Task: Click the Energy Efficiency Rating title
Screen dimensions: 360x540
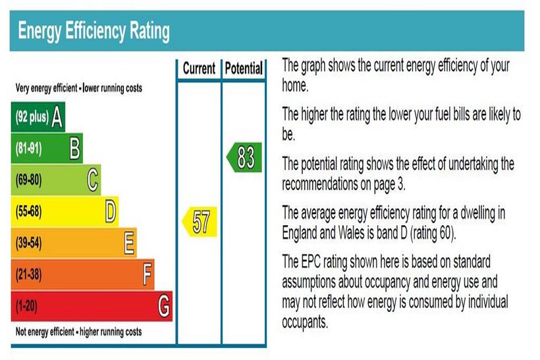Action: (94, 31)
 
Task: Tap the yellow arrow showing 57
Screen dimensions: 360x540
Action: (200, 221)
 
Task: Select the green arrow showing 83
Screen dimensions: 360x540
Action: (244, 159)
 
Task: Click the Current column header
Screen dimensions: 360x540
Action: (199, 68)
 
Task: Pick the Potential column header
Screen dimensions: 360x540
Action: (244, 68)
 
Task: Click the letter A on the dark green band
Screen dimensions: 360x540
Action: (57, 117)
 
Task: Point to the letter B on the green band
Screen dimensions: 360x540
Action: (76, 149)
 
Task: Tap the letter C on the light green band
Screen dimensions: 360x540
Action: (94, 180)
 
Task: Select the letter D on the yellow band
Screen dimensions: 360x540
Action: (111, 211)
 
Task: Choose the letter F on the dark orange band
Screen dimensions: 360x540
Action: (148, 274)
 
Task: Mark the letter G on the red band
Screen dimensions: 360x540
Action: (164, 306)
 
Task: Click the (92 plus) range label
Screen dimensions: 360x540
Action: (31, 118)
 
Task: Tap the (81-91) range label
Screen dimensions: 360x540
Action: (28, 149)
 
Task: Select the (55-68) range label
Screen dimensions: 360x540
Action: (28, 212)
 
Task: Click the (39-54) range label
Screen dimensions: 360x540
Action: (28, 244)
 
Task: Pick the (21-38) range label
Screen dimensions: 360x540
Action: (28, 275)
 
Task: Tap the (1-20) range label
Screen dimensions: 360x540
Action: (26, 307)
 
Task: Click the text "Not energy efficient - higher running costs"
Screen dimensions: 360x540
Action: (78, 332)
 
